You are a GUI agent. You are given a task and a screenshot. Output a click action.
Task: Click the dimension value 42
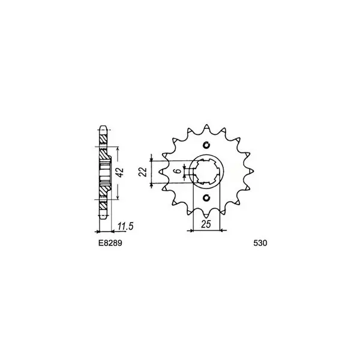pos(120,172)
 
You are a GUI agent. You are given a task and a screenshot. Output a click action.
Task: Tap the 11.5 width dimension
pos(125,226)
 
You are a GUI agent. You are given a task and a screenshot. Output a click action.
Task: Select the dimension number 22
pos(143,172)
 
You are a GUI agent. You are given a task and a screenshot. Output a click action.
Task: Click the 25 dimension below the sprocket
pos(206,224)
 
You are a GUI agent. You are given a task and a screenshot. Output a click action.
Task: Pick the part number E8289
pos(110,243)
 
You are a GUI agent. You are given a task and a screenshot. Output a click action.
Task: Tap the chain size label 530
pos(260,243)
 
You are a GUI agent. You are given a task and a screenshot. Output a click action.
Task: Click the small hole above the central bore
pos(206,145)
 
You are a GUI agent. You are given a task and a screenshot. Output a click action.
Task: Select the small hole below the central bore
pos(206,197)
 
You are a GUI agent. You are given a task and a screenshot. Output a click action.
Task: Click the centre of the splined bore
pos(206,171)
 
